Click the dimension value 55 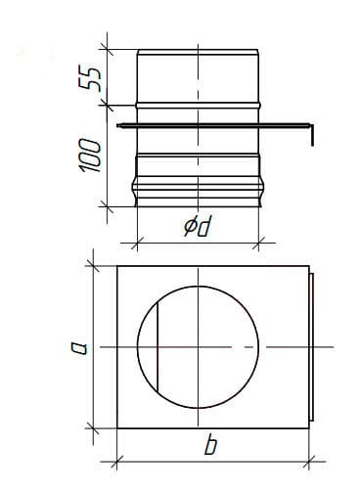(x=90, y=78)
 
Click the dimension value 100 (x=90, y=156)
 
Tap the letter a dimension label (x=79, y=348)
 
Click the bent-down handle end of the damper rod (x=312, y=135)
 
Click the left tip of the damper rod (x=117, y=125)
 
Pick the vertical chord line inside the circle (x=157, y=347)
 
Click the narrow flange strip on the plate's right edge (x=311, y=347)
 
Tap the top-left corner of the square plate (x=117, y=266)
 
